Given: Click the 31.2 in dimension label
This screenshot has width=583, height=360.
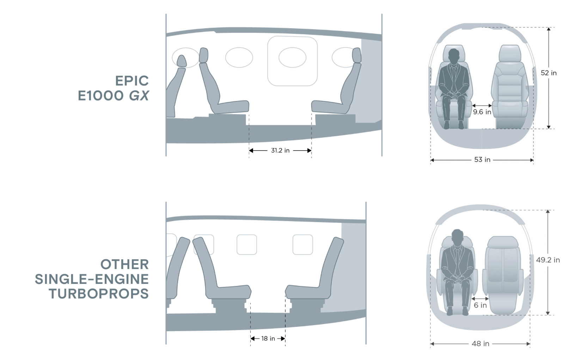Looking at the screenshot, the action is tap(280, 151).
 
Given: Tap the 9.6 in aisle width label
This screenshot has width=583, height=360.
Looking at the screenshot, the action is tap(482, 112).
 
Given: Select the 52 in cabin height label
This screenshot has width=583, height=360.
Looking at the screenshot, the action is tap(549, 73).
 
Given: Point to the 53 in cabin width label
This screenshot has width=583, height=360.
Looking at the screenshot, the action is tap(482, 160).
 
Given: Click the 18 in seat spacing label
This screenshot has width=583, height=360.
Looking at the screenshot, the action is tap(268, 338).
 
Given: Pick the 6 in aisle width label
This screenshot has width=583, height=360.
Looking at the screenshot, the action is tap(480, 305).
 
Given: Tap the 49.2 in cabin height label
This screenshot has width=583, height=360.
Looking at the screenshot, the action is tap(548, 260).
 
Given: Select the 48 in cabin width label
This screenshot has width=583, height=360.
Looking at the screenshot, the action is tap(480, 343).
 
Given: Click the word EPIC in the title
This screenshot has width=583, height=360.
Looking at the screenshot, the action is tap(132, 81).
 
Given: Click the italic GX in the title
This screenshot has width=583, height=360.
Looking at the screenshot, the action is tap(139, 96).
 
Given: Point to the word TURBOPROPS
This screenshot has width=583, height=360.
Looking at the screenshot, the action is tap(99, 294).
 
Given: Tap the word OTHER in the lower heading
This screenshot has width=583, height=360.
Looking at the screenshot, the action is tap(124, 264).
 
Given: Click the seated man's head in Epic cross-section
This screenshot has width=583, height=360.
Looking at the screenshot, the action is tap(454, 56).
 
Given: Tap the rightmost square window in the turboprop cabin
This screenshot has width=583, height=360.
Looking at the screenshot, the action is tap(303, 244).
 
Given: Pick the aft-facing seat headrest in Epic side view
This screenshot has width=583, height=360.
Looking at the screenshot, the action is tap(357, 55).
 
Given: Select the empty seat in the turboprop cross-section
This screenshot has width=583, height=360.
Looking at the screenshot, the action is tap(503, 275).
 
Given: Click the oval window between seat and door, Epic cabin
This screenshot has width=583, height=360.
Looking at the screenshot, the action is tap(239, 57).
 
